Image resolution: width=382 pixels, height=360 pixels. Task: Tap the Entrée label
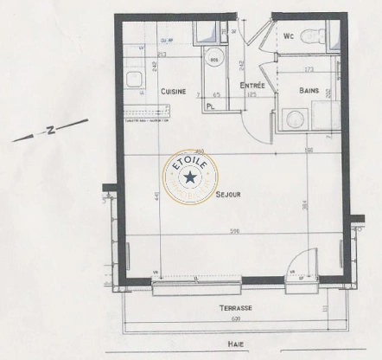click(x=252, y=86)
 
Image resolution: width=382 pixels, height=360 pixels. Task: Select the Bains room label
click(x=310, y=90)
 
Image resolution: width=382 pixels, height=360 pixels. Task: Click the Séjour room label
click(x=228, y=195)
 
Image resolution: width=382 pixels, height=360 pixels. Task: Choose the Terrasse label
click(x=235, y=308)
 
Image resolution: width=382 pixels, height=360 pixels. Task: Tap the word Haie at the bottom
click(x=235, y=343)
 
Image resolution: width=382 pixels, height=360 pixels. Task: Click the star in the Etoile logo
click(x=191, y=177)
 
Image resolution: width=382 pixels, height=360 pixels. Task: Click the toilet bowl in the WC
click(x=319, y=37)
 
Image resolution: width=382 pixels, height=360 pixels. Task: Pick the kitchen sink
click(x=135, y=80)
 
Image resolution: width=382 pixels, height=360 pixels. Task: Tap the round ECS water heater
click(x=216, y=58)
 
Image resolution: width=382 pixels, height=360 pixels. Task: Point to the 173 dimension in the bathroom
click(x=308, y=69)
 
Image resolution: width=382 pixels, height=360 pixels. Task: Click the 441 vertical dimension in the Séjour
click(x=156, y=198)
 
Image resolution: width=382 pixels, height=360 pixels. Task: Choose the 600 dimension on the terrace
click(x=235, y=319)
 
